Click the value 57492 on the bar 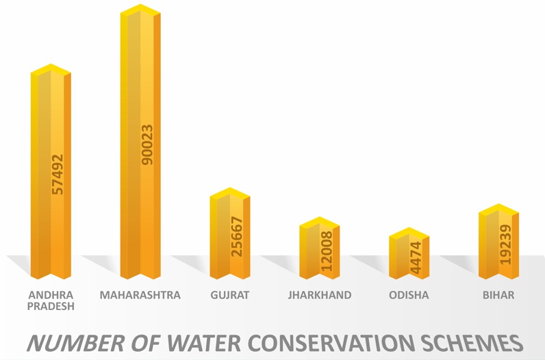(58, 174)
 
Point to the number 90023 (147, 144)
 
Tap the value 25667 (236, 237)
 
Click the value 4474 (416, 257)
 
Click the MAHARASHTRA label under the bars (140, 296)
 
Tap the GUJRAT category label (230, 296)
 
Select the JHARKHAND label (320, 296)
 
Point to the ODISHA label (409, 296)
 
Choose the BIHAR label (498, 296)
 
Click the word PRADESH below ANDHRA (50, 307)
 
